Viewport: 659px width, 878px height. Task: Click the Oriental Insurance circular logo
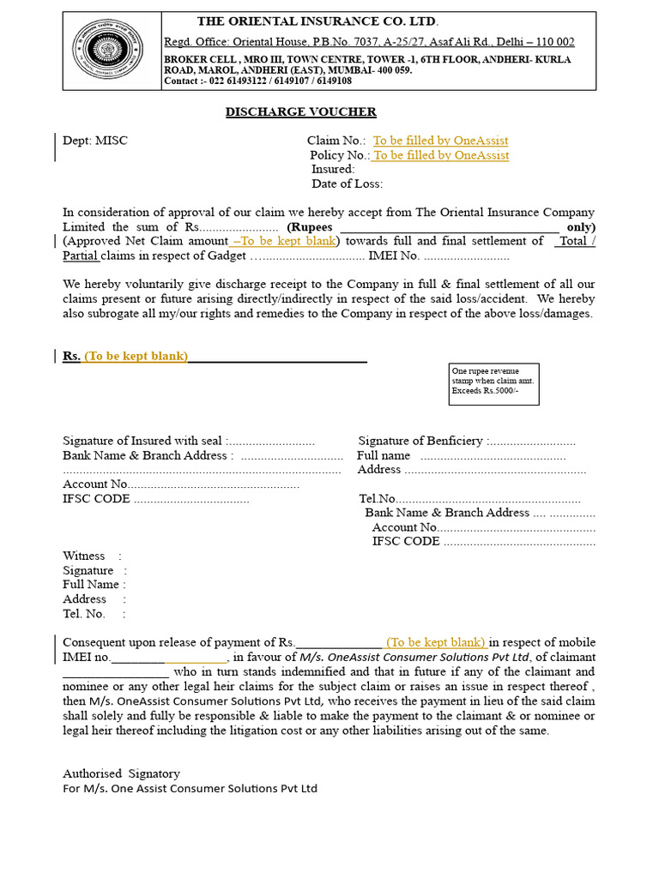pyautogui.click(x=111, y=51)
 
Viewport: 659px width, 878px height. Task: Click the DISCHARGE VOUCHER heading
pyautogui.click(x=300, y=112)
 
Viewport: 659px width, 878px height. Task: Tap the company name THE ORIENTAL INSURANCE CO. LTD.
pyautogui.click(x=317, y=21)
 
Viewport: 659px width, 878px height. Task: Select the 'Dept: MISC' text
pyautogui.click(x=95, y=141)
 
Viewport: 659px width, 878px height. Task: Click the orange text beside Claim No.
pyautogui.click(x=440, y=141)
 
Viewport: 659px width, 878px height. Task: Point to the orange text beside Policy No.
pyautogui.click(x=440, y=155)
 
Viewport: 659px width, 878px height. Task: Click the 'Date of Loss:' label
pyautogui.click(x=347, y=183)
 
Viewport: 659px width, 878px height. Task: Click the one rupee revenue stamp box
pyautogui.click(x=494, y=384)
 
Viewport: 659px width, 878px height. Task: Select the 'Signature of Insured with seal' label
pyautogui.click(x=142, y=441)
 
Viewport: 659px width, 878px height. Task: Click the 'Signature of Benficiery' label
pyautogui.click(x=420, y=441)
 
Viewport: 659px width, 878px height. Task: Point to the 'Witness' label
pyautogui.click(x=84, y=556)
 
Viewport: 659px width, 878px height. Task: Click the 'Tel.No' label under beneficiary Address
pyautogui.click(x=378, y=499)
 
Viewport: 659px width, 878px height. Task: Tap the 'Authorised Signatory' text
pyautogui.click(x=121, y=773)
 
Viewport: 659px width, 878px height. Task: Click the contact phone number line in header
pyautogui.click(x=257, y=81)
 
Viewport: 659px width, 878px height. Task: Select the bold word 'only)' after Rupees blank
pyautogui.click(x=580, y=227)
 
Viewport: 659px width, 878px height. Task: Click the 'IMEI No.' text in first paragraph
pyautogui.click(x=393, y=256)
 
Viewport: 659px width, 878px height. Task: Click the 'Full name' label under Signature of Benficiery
pyautogui.click(x=384, y=455)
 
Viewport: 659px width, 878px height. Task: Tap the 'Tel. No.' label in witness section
pyautogui.click(x=84, y=614)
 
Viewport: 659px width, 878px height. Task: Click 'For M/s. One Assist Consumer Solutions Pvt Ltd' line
pyautogui.click(x=190, y=788)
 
